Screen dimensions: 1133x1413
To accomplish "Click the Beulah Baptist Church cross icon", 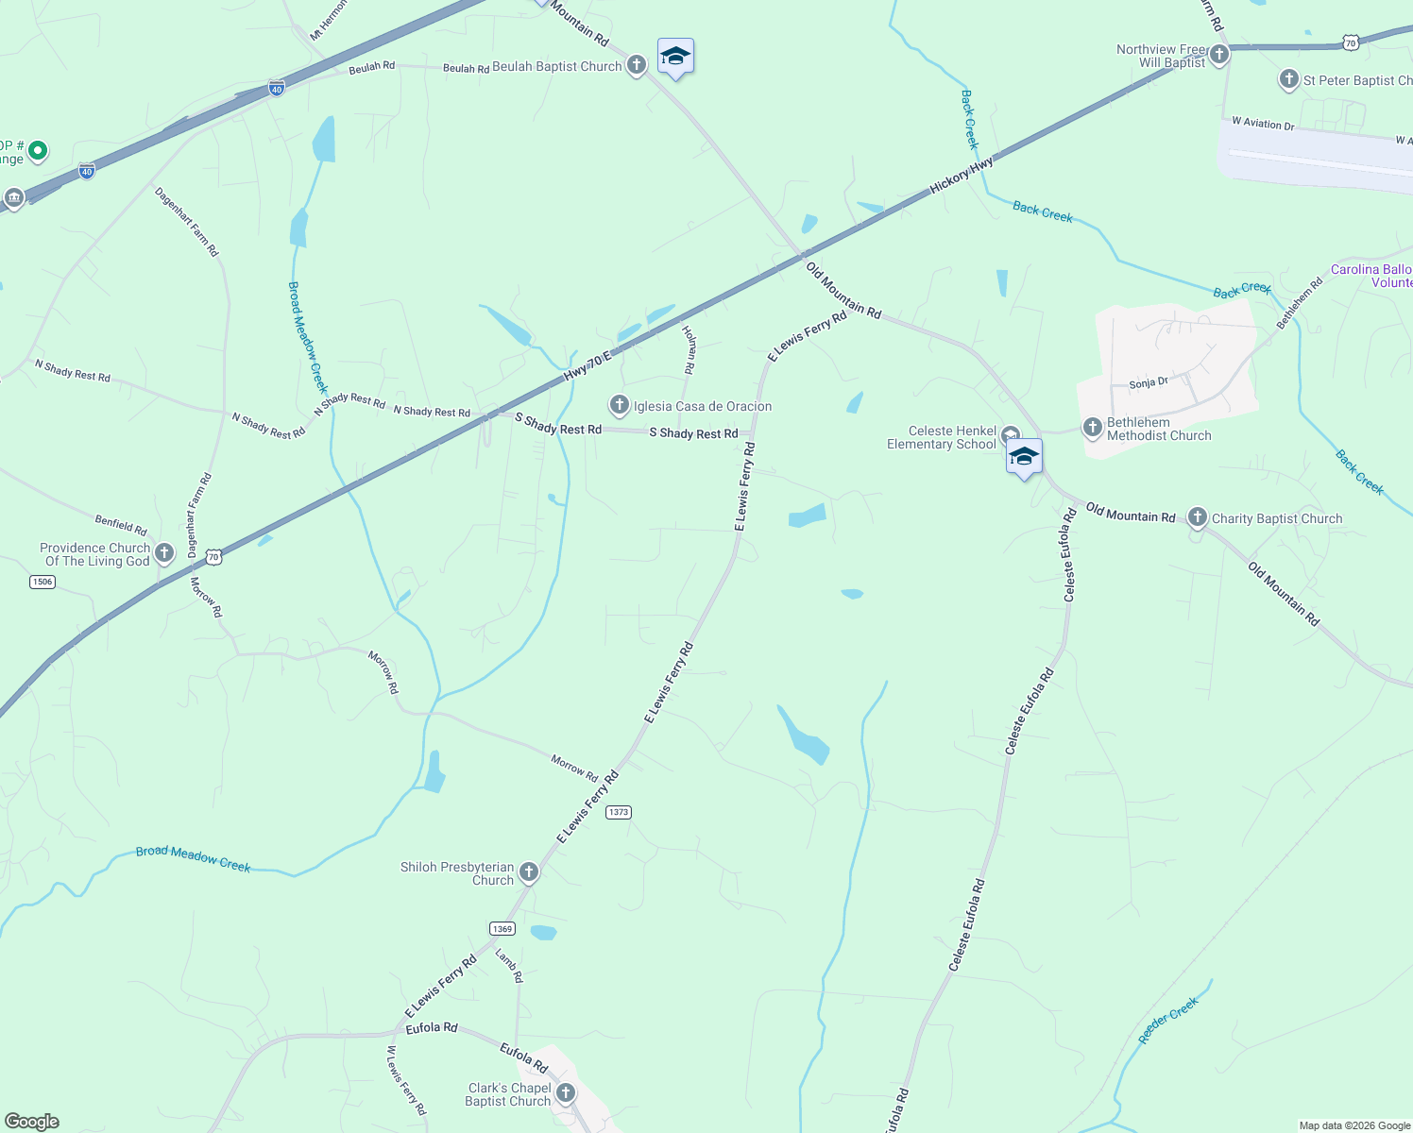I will [x=637, y=65].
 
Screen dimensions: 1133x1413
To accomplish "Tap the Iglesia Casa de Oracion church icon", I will [x=620, y=406].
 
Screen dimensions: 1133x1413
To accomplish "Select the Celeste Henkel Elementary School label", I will [x=942, y=437].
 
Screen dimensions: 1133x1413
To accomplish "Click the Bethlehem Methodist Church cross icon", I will [x=1093, y=428].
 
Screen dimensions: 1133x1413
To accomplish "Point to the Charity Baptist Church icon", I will [x=1198, y=517].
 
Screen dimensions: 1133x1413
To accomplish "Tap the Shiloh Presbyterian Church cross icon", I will [x=529, y=872].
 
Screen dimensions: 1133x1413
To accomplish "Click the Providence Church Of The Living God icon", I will [x=164, y=553].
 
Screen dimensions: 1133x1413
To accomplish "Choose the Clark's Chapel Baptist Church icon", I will [x=566, y=1093].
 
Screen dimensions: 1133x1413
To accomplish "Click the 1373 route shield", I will [x=619, y=812].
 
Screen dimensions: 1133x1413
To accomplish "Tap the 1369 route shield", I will [x=502, y=929].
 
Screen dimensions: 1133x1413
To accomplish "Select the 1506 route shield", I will [x=43, y=582].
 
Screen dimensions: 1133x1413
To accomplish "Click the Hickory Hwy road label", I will [x=962, y=176].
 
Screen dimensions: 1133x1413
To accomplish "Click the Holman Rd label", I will [x=689, y=348].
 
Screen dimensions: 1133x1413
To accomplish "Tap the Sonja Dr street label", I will [x=1149, y=383].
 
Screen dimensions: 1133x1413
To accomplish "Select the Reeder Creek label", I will [x=1168, y=1020].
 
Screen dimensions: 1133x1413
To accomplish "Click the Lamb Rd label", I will [x=509, y=966].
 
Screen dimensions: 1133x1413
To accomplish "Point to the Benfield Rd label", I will [x=121, y=524].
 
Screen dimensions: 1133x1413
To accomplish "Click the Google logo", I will [x=32, y=1122].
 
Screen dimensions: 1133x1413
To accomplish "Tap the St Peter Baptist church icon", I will [x=1289, y=79].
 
